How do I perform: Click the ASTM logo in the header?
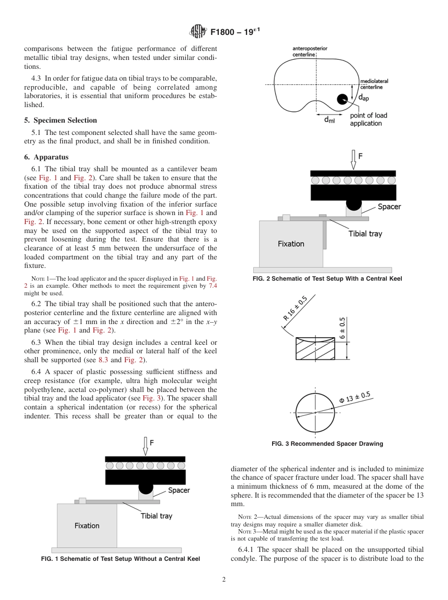[x=198, y=32]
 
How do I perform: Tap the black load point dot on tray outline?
[x=342, y=99]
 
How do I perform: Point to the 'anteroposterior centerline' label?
[x=310, y=51]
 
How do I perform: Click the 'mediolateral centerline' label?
[x=374, y=84]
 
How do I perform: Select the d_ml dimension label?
[x=329, y=120]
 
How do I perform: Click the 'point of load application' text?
[x=368, y=119]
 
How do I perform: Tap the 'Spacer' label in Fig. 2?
[x=389, y=207]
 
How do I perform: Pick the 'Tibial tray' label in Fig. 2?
[x=365, y=233]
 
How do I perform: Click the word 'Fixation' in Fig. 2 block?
[x=291, y=244]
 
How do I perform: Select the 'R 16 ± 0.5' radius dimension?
[x=296, y=308]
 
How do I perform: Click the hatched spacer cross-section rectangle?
[x=315, y=349]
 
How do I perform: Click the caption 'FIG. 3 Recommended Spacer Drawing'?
[x=327, y=444]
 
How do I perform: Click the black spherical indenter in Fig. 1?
[x=146, y=486]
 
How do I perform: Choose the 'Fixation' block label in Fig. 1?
[x=87, y=525]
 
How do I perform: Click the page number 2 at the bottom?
[x=224, y=580]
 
